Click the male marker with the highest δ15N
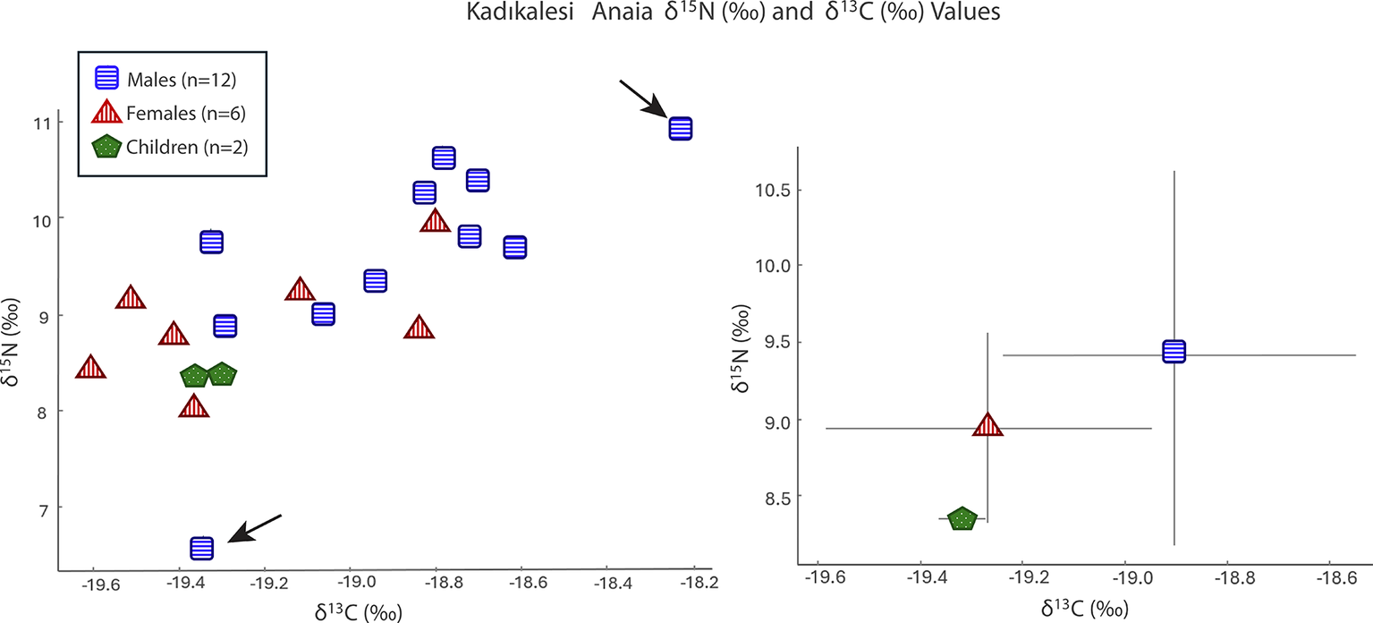681,128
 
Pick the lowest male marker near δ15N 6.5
202,547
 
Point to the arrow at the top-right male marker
642,98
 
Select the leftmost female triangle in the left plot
90,367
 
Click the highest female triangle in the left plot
435,220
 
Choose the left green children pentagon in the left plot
194,376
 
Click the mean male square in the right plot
1174,352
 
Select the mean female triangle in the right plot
987,425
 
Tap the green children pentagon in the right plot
962,518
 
